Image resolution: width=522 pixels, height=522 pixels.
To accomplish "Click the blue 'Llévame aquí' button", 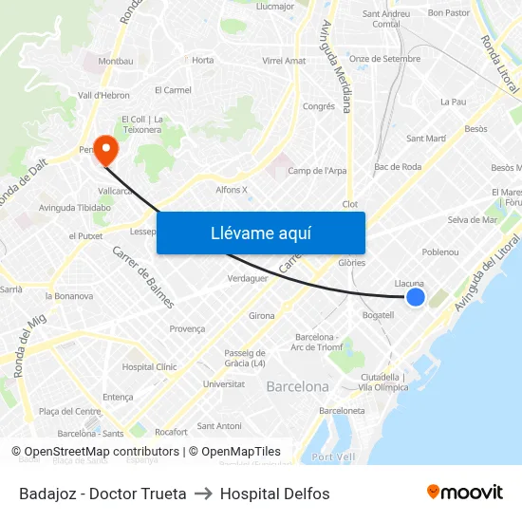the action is tap(261, 233).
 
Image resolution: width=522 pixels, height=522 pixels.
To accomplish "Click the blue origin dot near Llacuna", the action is tap(416, 297).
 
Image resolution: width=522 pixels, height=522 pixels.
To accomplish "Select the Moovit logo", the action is tap(465, 493).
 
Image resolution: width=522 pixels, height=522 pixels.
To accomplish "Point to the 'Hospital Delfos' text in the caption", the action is tap(274, 494).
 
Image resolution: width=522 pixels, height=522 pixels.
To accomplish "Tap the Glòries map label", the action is tap(351, 263).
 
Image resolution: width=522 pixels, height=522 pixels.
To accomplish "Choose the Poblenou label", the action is tap(439, 252).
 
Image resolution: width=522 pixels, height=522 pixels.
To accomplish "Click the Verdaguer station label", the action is tap(248, 278).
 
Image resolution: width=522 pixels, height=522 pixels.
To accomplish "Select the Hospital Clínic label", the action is tap(149, 366).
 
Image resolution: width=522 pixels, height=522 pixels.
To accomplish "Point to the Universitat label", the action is tap(223, 384).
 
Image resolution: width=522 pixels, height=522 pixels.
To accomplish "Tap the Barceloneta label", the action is tap(342, 411).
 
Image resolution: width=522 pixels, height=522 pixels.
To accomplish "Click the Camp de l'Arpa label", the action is tap(317, 171).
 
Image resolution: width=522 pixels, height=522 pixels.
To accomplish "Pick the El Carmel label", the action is tap(173, 90).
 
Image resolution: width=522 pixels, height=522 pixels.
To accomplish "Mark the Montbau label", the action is tap(116, 61).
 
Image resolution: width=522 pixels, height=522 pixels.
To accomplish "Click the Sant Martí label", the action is tap(426, 139).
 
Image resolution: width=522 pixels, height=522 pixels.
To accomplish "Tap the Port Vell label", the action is tap(333, 457).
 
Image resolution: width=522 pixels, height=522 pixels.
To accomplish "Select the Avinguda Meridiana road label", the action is tap(336, 66).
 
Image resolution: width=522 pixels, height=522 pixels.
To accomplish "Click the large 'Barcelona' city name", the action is tap(297, 386).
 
